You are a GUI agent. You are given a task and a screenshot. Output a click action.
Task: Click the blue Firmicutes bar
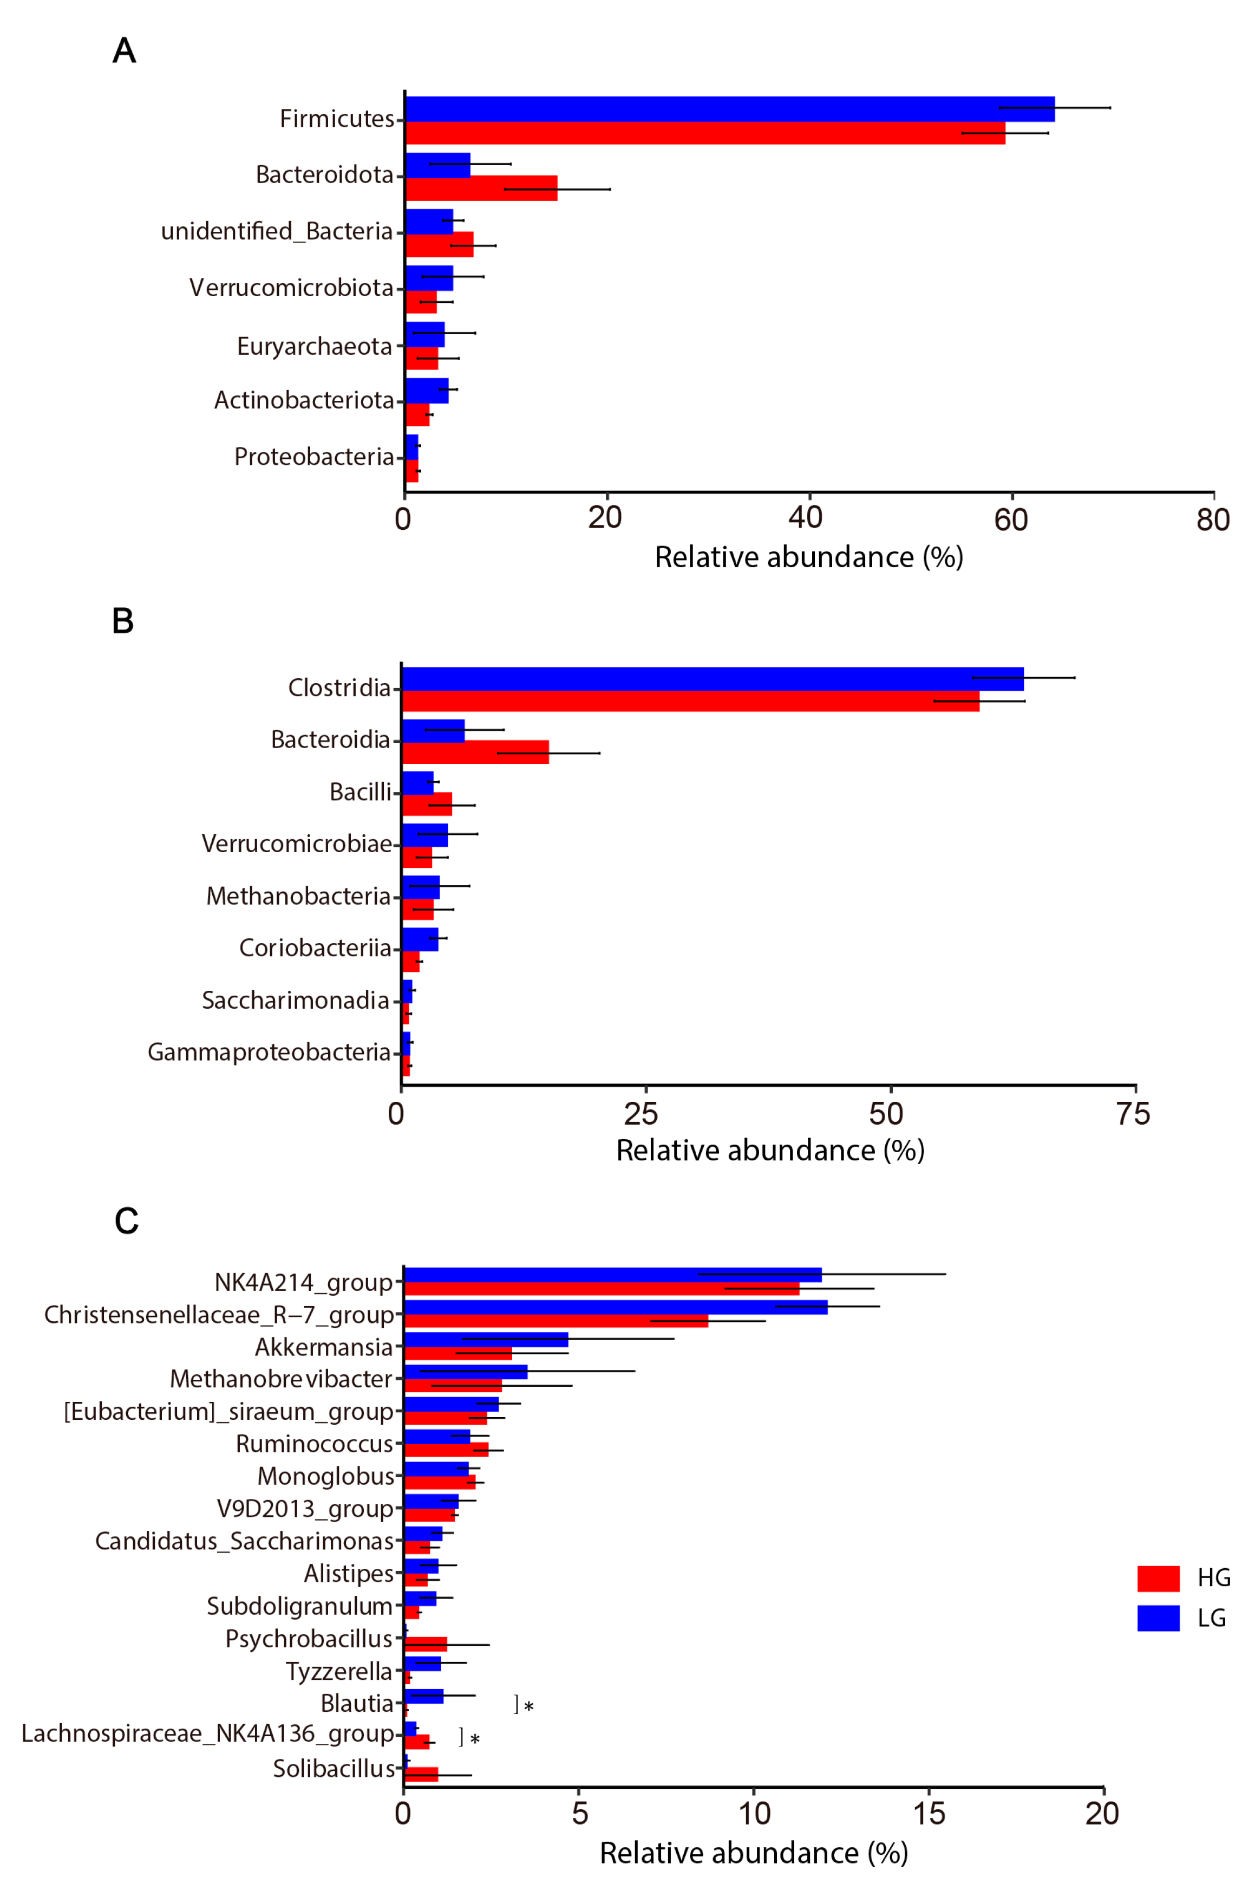[x=728, y=109]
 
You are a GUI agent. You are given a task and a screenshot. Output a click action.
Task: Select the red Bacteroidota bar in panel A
[x=480, y=188]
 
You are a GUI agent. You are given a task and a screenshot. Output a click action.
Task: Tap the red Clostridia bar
[x=688, y=702]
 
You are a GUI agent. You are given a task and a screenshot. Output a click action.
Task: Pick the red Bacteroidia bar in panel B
[x=475, y=752]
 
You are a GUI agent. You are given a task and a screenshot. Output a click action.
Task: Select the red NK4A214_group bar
[x=600, y=1288]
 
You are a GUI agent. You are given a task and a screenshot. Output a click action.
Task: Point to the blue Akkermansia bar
[x=486, y=1340]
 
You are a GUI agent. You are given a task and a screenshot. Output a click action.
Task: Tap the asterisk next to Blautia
[x=528, y=1706]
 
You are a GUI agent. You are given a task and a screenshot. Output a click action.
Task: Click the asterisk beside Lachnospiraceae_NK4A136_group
[x=475, y=1739]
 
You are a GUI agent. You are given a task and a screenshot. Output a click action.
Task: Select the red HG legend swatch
[x=1158, y=1578]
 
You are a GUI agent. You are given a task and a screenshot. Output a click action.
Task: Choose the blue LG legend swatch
[x=1158, y=1618]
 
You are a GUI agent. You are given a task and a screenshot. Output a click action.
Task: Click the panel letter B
[x=122, y=620]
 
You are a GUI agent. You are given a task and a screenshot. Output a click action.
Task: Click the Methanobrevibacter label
[x=281, y=1379]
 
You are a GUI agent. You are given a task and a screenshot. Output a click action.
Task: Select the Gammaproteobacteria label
[x=269, y=1051]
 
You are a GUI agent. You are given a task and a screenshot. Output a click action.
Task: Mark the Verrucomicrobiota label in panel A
[x=291, y=288]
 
